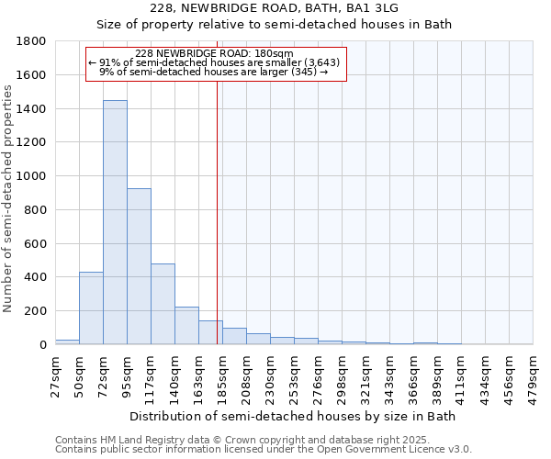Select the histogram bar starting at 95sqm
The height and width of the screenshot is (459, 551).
coord(139,266)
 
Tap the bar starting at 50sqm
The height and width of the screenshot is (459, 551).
coord(91,308)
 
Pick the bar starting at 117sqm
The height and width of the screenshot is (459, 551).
coord(163,304)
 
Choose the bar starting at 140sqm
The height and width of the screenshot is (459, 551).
coord(186,326)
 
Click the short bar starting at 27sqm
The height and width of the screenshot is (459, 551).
coord(67,341)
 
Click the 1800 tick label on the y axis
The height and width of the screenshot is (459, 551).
coord(32,41)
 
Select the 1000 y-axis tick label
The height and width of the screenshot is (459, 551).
coord(32,176)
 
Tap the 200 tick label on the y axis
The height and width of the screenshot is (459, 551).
coord(36,311)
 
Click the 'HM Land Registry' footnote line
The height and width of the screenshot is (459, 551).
coord(262,440)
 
